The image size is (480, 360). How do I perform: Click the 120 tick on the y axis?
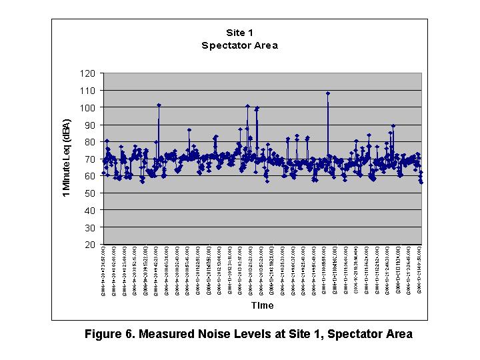pos(89,73)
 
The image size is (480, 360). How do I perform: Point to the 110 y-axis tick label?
pos(89,90)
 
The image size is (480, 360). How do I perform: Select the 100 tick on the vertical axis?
pos(89,107)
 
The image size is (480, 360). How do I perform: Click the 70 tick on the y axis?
pos(91,159)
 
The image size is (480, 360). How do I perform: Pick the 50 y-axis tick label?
pos(91,193)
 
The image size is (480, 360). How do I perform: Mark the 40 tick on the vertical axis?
pos(91,210)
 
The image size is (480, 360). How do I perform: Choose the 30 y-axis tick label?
pos(91,227)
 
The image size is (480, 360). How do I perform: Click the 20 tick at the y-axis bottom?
pos(91,245)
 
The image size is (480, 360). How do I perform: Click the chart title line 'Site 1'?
pos(239,32)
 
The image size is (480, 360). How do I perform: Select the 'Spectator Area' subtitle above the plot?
pos(239,45)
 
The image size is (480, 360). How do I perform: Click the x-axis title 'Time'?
pos(262,305)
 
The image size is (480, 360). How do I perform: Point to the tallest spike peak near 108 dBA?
pos(328,93)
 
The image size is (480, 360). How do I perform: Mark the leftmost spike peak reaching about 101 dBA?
pos(159,105)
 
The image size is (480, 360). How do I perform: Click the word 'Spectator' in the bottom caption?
pos(355,334)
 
